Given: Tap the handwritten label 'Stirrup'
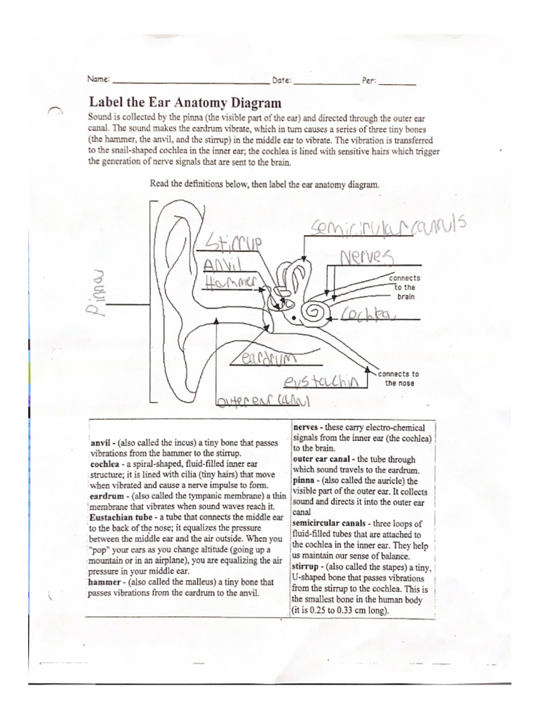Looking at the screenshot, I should point(230,243).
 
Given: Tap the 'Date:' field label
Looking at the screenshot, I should point(281,81).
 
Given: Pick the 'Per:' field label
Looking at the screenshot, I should point(369,81).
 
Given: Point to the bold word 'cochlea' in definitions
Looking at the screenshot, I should point(106,464).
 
